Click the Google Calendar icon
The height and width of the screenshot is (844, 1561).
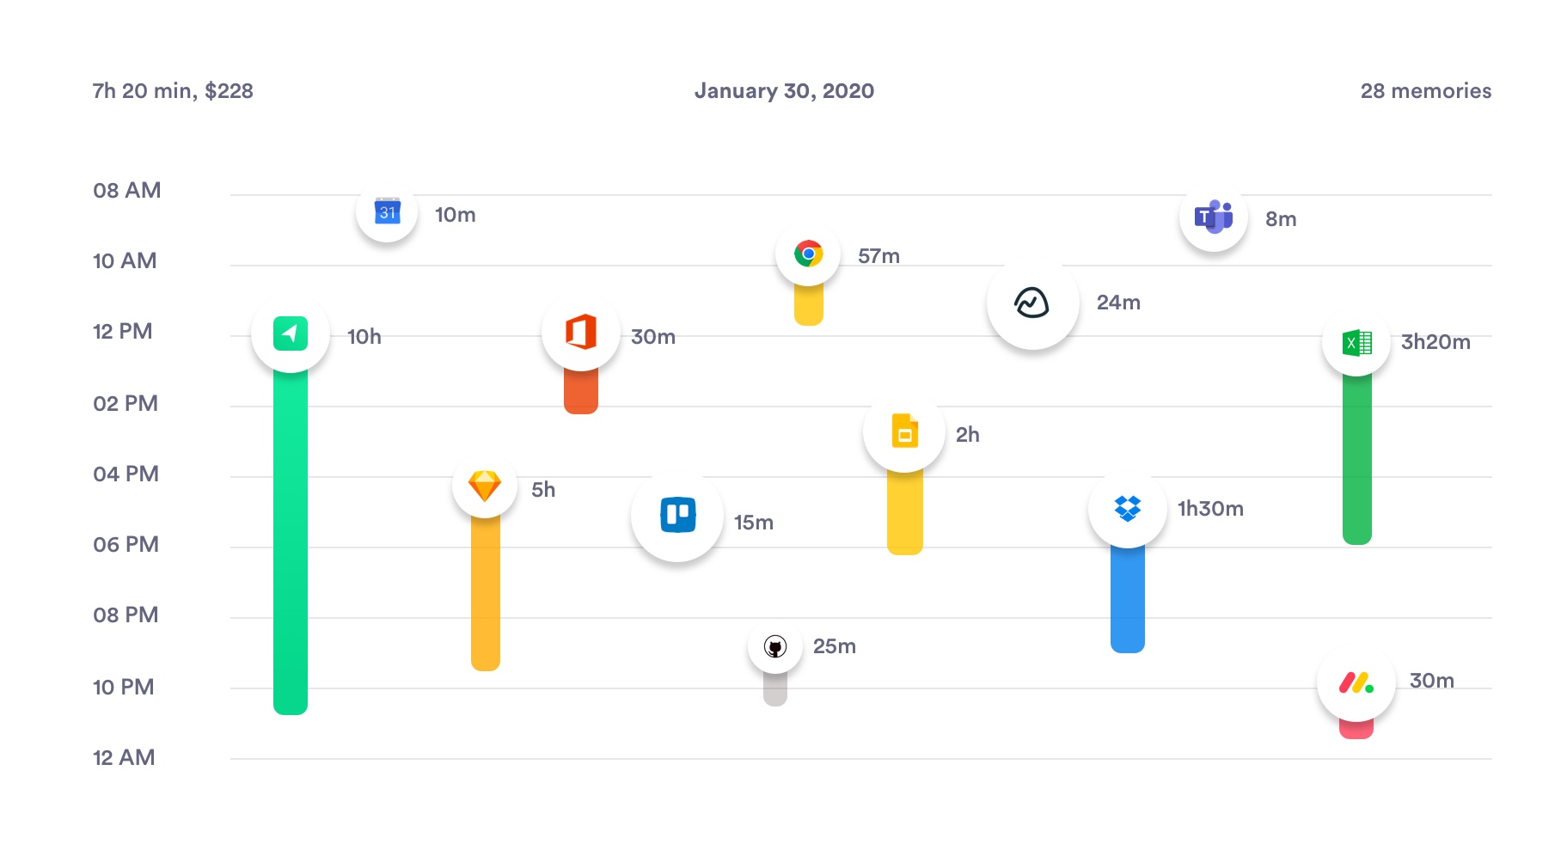pyautogui.click(x=388, y=211)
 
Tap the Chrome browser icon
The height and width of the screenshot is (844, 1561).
pyautogui.click(x=808, y=254)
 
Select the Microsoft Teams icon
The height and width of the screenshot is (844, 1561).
pyautogui.click(x=1214, y=217)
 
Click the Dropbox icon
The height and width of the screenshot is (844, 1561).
pyautogui.click(x=1127, y=508)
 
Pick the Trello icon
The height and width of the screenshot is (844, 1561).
pyautogui.click(x=677, y=515)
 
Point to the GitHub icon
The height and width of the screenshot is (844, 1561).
pyautogui.click(x=775, y=646)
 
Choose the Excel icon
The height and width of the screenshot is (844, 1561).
pyautogui.click(x=1356, y=343)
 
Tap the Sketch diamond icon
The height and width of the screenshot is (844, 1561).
pyautogui.click(x=485, y=486)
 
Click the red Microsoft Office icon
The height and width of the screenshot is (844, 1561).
pyautogui.click(x=581, y=333)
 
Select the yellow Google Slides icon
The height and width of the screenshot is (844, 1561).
pyautogui.click(x=904, y=431)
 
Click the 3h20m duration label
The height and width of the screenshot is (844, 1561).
pyautogui.click(x=1435, y=342)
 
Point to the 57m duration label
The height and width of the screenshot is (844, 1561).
pyautogui.click(x=878, y=256)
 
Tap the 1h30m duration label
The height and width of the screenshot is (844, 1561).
pyautogui.click(x=1210, y=509)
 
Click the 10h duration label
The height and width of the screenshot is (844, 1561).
pyautogui.click(x=364, y=337)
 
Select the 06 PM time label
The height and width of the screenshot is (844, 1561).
pyautogui.click(x=125, y=545)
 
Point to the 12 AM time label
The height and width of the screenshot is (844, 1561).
pyautogui.click(x=124, y=758)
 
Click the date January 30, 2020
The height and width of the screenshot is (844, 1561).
pyautogui.click(x=784, y=91)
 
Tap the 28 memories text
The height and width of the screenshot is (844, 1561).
pyautogui.click(x=1425, y=91)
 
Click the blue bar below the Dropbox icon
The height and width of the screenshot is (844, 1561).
pyautogui.click(x=1127, y=602)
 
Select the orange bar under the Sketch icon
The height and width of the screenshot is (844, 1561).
pyautogui.click(x=485, y=593)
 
